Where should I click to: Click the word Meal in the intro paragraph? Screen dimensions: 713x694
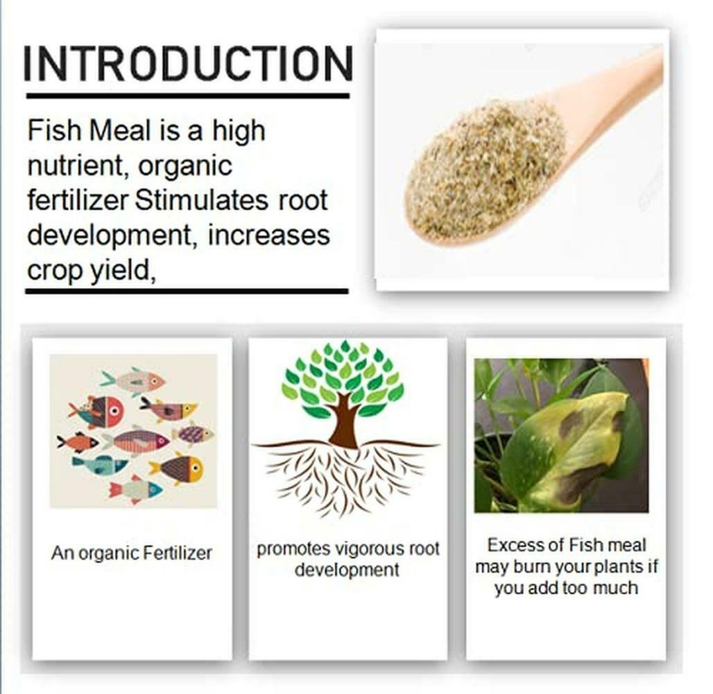point(119,130)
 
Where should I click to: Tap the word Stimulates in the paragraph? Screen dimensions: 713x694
point(201,201)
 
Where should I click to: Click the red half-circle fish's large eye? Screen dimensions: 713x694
point(114,410)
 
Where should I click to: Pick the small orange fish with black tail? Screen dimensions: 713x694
point(77,442)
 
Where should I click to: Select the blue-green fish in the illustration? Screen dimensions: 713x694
point(100,465)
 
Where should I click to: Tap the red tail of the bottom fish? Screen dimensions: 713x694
point(116,490)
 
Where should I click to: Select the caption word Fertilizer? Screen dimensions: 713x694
point(178,553)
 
